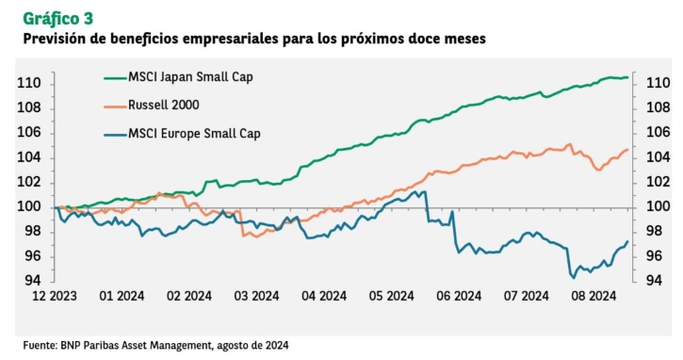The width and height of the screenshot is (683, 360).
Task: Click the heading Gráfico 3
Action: pyautogui.click(x=57, y=19)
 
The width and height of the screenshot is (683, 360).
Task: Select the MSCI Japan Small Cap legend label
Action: pyautogui.click(x=190, y=77)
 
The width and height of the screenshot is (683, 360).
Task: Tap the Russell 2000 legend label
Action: pyautogui.click(x=163, y=105)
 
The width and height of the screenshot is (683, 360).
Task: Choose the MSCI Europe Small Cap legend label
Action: pyautogui.click(x=194, y=134)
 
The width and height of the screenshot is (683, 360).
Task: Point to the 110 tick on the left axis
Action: pyautogui.click(x=29, y=83)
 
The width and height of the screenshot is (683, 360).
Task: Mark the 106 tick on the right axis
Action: pyautogui.click(x=658, y=132)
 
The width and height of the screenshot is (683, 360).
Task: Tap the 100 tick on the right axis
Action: pyautogui.click(x=658, y=206)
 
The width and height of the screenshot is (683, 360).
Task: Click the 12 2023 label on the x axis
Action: pyautogui.click(x=55, y=296)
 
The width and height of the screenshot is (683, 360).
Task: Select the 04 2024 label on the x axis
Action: pyautogui.click(x=324, y=296)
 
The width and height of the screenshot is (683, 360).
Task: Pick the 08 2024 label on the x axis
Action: pyautogui.click(x=594, y=296)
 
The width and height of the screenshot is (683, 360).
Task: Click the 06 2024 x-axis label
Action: pyautogui.click(x=459, y=296)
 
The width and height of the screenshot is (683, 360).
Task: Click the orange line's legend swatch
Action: pyautogui.click(x=115, y=106)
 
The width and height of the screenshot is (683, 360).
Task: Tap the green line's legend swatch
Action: pyautogui.click(x=115, y=78)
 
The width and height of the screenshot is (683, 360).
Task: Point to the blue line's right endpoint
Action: pyautogui.click(x=627, y=241)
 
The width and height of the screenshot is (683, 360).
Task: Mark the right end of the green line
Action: pyautogui.click(x=627, y=77)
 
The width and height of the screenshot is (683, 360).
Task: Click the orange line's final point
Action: pyautogui.click(x=627, y=150)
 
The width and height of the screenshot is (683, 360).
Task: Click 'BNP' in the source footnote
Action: pyautogui.click(x=70, y=346)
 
